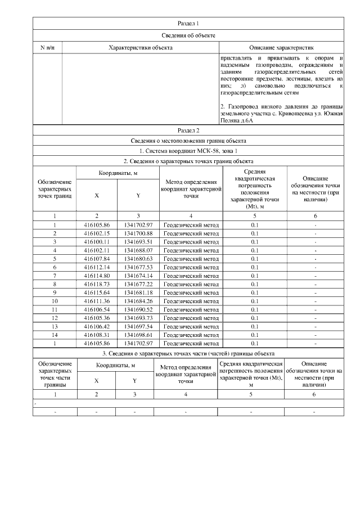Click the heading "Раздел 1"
point(188,23)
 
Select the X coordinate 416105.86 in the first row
point(96,225)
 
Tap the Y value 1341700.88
point(138,233)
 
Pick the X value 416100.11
point(96,242)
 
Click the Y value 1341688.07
point(138,250)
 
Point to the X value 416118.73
point(96,284)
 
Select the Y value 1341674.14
point(138,276)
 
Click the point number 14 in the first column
point(55,335)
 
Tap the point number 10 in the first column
point(55,301)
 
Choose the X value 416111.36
point(96,301)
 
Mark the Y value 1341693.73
point(138,318)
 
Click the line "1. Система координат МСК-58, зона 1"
point(188,151)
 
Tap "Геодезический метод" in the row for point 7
point(191,276)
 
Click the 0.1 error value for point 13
point(255,326)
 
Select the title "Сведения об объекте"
point(188,35)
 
